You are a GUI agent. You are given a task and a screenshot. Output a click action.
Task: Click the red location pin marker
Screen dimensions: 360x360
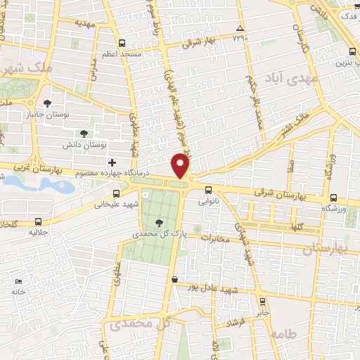click(181, 167)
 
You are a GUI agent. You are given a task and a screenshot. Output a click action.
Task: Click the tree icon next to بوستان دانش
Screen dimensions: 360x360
click(84, 132)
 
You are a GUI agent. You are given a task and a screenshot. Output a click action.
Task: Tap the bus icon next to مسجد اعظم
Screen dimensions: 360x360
click(122, 42)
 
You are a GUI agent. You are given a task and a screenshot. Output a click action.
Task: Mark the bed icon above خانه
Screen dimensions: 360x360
click(18, 281)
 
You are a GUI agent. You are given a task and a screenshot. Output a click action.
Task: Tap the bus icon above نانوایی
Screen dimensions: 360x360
click(209, 189)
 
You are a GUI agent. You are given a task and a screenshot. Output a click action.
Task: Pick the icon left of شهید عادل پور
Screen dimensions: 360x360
click(174, 280)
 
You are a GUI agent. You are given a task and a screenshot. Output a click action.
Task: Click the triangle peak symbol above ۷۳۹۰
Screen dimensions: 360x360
click(240, 28)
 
